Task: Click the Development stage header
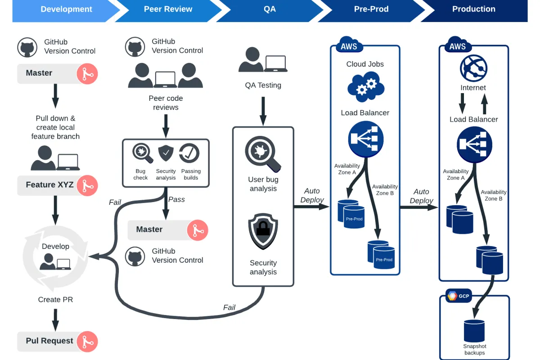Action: pos(66,9)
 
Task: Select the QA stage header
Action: pos(270,9)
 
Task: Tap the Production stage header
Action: pos(473,9)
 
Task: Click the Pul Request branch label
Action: pos(49,341)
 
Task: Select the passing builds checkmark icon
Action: pos(190,153)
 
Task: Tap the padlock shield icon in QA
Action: pos(263,231)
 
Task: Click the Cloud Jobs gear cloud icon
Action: pos(365,86)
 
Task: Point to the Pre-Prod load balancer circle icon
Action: pos(365,138)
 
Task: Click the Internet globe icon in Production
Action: pos(473,68)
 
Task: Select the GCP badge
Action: pos(458,296)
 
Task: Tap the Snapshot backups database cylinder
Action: pos(474,331)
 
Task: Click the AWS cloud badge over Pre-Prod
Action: pos(349,46)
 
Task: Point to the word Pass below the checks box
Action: pos(176,199)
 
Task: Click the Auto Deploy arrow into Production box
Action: pos(418,207)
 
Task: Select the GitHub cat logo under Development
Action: pos(27,47)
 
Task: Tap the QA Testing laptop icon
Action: pos(276,63)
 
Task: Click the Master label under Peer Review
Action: pos(149,229)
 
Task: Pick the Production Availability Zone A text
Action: pos(455,175)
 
